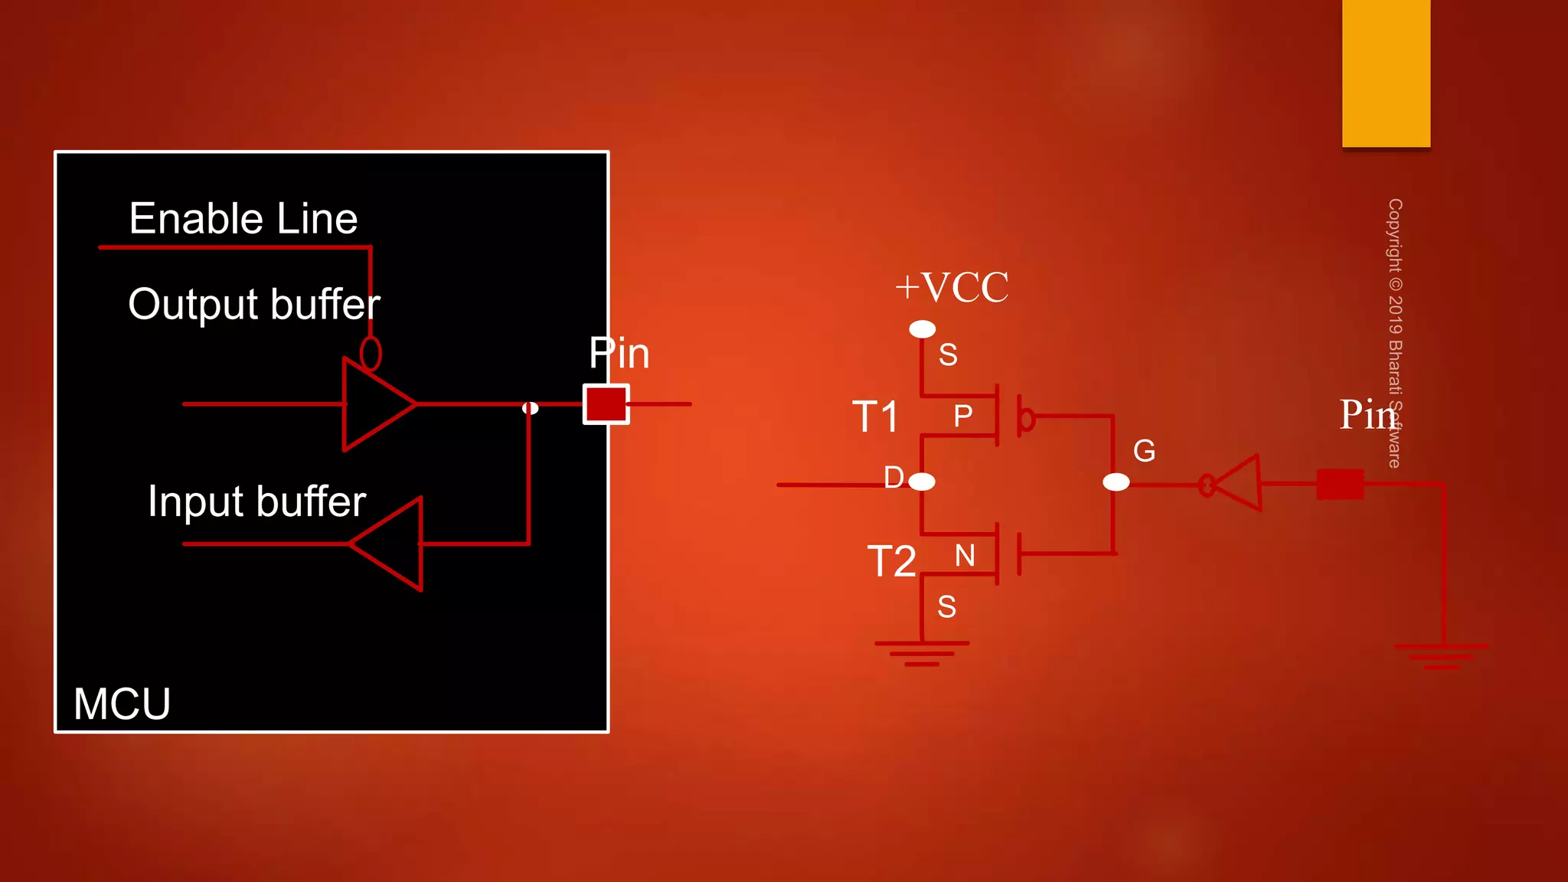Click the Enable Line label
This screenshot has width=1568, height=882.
[x=243, y=219]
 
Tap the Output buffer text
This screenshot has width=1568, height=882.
[x=253, y=305]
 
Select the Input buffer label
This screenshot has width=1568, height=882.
[x=256, y=501]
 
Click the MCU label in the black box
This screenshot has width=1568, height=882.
[x=122, y=704]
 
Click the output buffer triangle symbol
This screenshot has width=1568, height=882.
[x=374, y=403]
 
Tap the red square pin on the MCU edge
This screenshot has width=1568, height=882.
[x=606, y=404]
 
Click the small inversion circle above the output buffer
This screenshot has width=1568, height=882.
[x=371, y=354]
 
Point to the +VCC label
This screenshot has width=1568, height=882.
[x=952, y=288]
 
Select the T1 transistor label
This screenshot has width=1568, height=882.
[x=876, y=417]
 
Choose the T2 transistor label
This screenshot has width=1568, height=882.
[x=891, y=561]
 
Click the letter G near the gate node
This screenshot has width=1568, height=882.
[x=1144, y=451]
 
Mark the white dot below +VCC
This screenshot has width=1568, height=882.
[x=922, y=329]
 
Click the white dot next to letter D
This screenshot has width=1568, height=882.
[x=922, y=482]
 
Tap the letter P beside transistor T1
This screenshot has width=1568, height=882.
[x=962, y=416]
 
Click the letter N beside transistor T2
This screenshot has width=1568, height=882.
[x=965, y=556]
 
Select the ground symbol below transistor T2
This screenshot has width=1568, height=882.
[x=922, y=653]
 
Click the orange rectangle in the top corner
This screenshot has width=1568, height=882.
[x=1386, y=73]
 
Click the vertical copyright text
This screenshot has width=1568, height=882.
[x=1395, y=333]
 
